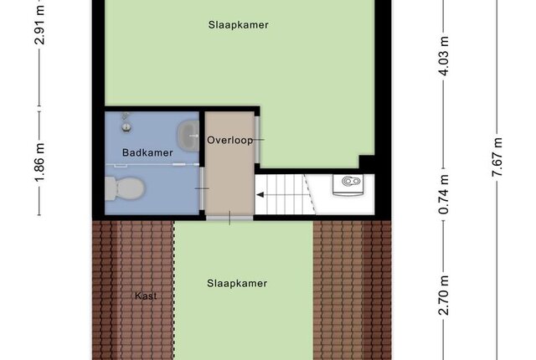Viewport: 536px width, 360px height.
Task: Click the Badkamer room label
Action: [147, 152]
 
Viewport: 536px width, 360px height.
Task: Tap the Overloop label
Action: [230, 140]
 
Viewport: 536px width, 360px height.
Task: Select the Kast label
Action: [146, 296]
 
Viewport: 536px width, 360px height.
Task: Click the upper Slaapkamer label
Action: [238, 24]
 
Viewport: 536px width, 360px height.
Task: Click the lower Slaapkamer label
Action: [237, 283]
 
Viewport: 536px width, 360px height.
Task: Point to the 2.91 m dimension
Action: [40, 24]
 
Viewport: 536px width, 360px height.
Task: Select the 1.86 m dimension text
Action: [40, 163]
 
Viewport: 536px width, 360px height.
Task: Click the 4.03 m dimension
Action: [444, 56]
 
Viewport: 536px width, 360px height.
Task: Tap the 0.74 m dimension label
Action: [444, 194]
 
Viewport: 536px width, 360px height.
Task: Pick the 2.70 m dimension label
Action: [444, 295]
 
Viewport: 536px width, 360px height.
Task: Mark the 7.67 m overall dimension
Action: [497, 157]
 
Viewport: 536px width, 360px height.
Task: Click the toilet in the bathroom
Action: [125, 188]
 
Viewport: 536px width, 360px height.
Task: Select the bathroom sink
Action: [188, 136]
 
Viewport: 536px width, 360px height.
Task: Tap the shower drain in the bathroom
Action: [126, 128]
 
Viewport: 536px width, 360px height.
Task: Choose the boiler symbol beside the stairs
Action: [348, 185]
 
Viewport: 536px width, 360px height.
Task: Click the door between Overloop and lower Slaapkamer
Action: [229, 218]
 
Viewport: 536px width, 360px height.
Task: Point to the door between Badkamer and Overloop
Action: [203, 188]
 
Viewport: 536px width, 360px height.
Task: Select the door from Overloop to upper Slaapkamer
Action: [258, 140]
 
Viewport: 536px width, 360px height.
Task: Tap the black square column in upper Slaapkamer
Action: [367, 163]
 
